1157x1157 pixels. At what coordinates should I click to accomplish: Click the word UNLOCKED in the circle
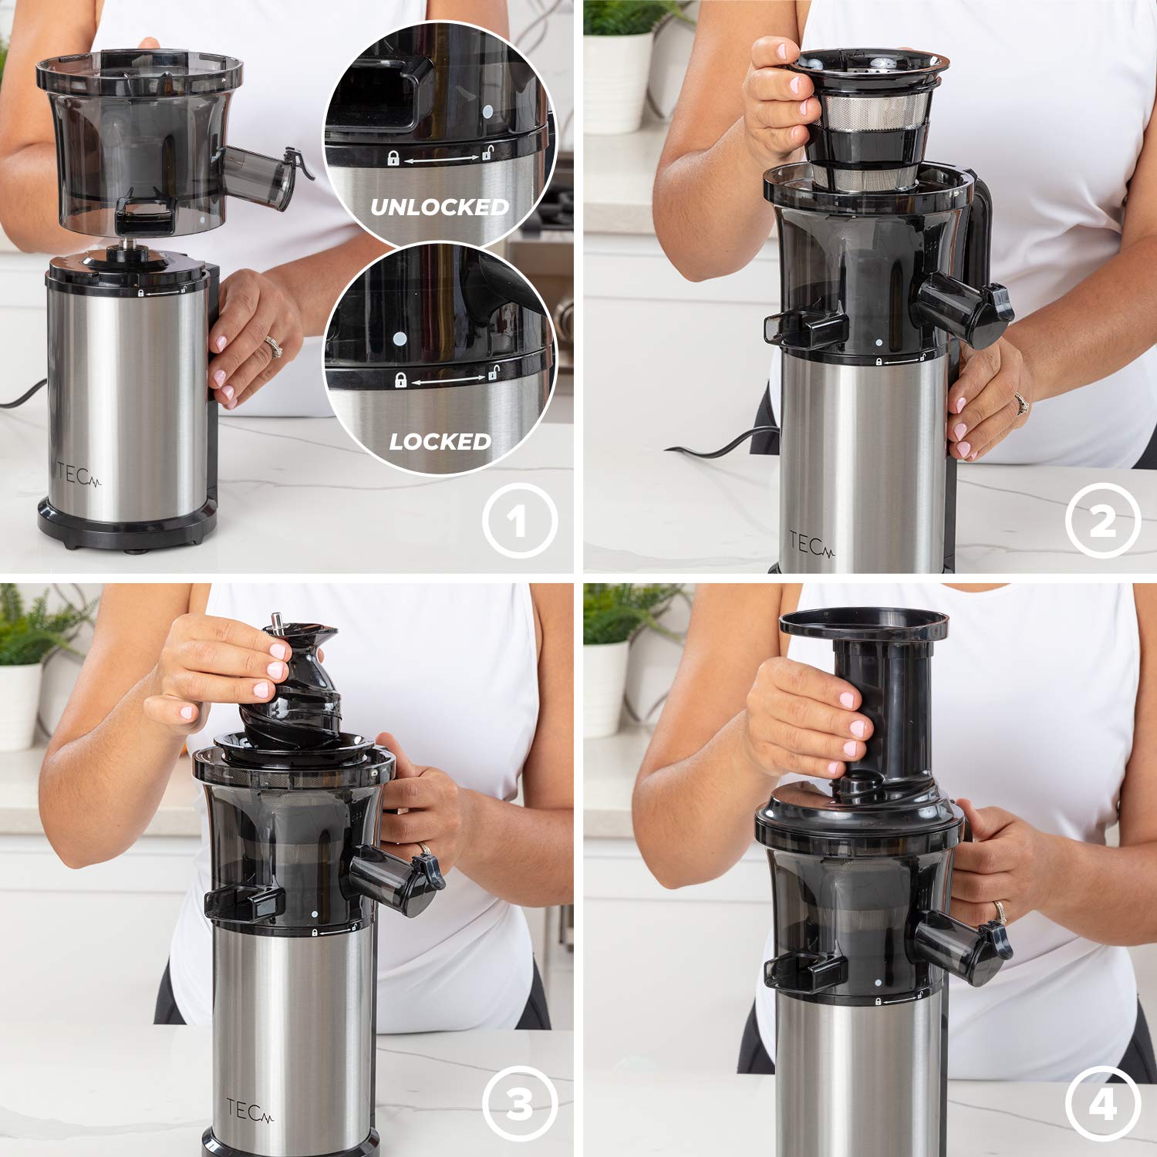pyautogui.click(x=440, y=207)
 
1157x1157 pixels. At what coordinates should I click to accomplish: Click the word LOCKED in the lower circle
pyautogui.click(x=440, y=441)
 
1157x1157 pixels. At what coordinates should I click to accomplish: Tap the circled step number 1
pyautogui.click(x=519, y=521)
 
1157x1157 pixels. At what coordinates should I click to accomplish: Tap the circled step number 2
pyautogui.click(x=1102, y=521)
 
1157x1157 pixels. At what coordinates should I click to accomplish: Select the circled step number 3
pyautogui.click(x=519, y=1104)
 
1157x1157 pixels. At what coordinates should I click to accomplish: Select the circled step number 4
pyautogui.click(x=1102, y=1104)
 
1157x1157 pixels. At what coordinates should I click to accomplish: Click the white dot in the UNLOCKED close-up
pyautogui.click(x=487, y=111)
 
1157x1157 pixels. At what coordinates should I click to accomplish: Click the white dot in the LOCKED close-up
pyautogui.click(x=399, y=338)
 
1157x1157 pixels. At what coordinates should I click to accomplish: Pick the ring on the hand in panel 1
pyautogui.click(x=273, y=347)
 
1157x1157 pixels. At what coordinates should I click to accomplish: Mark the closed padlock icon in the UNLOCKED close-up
pyautogui.click(x=393, y=159)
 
